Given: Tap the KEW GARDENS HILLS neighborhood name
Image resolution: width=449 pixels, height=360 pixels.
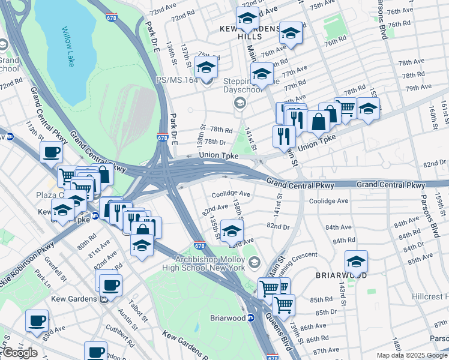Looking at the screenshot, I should [x=250, y=32].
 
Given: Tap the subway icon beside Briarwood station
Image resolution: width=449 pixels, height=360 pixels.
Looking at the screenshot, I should [x=252, y=317].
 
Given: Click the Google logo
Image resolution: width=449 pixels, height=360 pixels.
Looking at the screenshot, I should [x=20, y=353].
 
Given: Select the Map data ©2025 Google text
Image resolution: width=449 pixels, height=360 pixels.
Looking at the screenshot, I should [x=412, y=355].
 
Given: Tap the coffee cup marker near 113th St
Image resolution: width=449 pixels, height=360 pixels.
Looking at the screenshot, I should [x=52, y=151].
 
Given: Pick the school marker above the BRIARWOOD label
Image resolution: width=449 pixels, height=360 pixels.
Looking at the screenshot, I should [x=356, y=262].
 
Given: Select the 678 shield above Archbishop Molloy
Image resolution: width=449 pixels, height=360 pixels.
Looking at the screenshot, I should [x=200, y=246].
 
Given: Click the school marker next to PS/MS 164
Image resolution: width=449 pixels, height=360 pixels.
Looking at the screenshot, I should [x=206, y=67].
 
